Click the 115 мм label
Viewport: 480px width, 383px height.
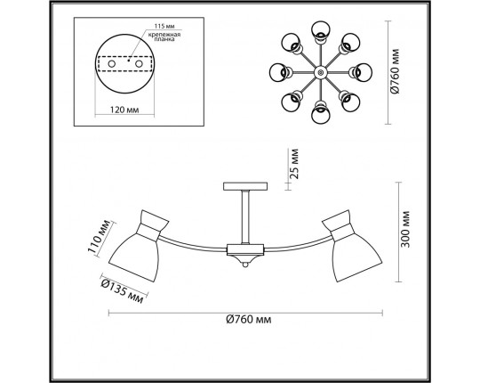click(x=164, y=26)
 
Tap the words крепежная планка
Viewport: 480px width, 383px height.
click(x=164, y=37)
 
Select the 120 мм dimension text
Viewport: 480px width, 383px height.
click(x=124, y=110)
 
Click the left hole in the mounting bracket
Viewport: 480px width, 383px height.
click(x=112, y=64)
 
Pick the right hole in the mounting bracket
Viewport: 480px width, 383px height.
click(x=139, y=64)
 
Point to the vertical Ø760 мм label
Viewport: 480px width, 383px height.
click(x=395, y=71)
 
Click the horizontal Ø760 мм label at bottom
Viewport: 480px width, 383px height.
click(x=249, y=320)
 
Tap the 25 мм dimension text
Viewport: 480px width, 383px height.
click(x=294, y=164)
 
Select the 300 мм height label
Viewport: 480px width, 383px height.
click(x=405, y=229)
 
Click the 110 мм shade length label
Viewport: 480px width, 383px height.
click(x=99, y=236)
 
